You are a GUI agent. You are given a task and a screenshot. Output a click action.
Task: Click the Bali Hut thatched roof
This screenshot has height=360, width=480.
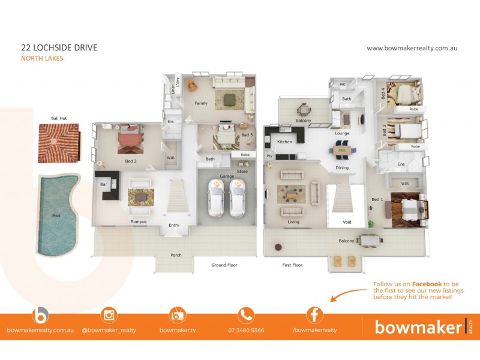59,142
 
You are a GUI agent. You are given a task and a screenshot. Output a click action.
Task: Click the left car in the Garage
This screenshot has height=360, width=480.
217,197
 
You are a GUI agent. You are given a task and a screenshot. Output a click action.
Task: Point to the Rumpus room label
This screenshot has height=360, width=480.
139,221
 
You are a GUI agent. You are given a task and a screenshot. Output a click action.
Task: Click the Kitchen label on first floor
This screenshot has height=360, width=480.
284,142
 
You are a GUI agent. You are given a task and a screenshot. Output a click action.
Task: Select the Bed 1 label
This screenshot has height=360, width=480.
377,199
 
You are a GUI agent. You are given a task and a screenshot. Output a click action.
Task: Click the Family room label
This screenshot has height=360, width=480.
200,103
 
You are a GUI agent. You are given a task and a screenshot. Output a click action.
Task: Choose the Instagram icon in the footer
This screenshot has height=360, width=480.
109,315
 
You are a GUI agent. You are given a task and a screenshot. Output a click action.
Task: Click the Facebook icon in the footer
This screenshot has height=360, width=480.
314,315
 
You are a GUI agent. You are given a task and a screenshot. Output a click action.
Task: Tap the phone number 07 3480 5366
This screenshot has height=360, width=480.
246,330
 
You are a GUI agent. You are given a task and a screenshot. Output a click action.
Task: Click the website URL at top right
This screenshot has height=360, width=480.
412,48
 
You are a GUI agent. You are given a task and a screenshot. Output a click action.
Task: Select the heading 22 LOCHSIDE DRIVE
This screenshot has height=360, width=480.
59,47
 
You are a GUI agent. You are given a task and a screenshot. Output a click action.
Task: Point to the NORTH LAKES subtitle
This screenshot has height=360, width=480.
42,58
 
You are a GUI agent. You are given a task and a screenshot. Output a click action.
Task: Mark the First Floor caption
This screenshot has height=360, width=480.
292,265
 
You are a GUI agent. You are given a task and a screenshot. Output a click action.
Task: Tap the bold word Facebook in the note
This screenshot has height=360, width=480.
426,284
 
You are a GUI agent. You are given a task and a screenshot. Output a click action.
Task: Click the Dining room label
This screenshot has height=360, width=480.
342,168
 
